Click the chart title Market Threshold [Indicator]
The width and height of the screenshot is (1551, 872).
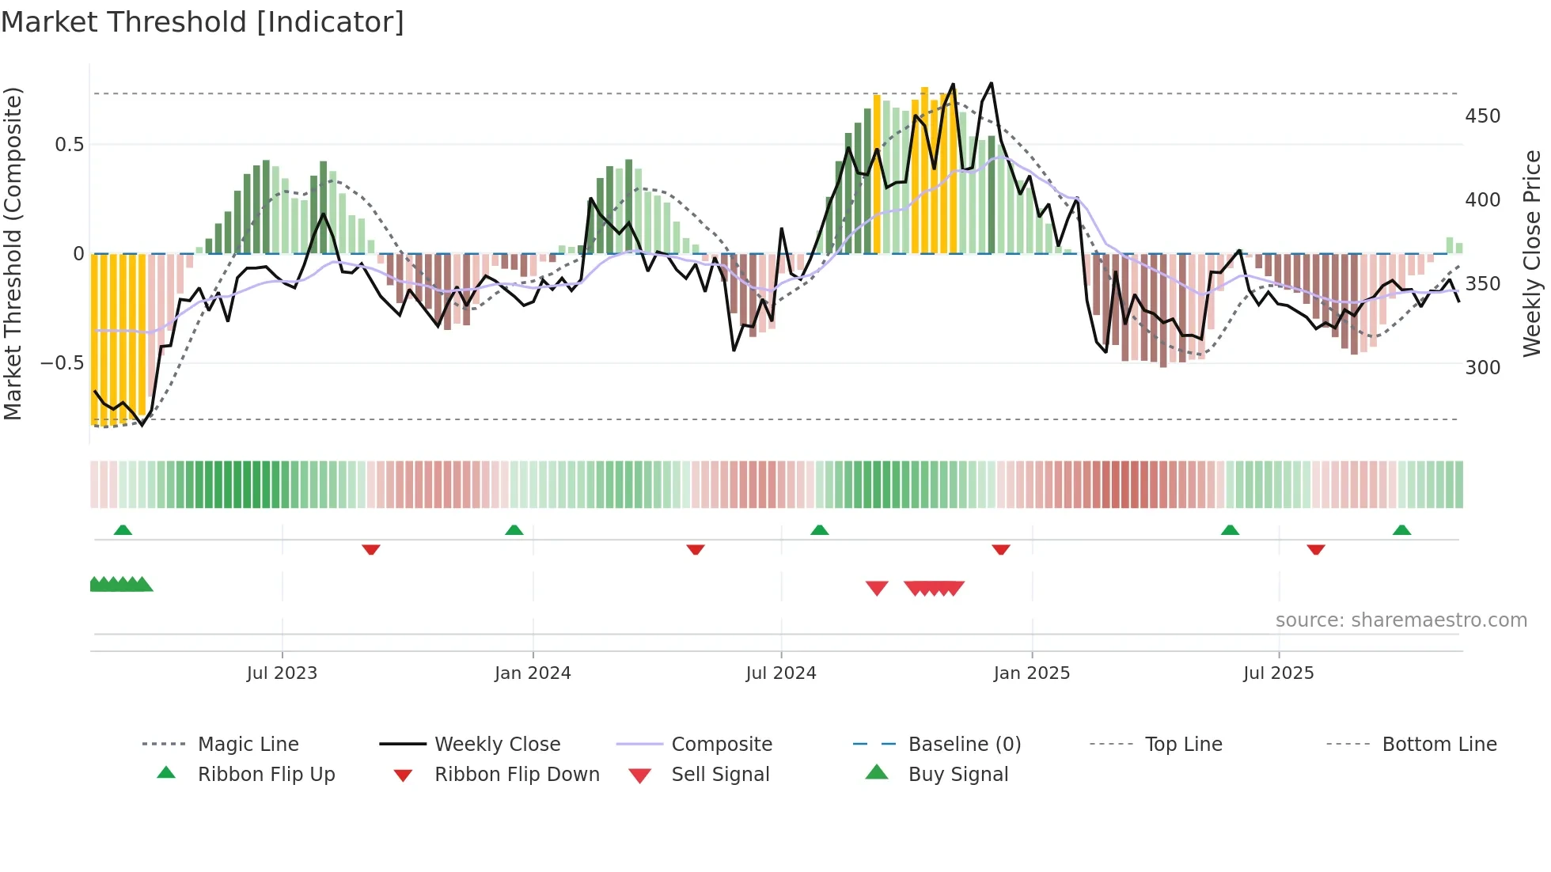coord(203,22)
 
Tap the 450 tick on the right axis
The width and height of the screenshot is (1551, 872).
coord(1482,116)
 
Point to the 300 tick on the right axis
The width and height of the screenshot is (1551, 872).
coord(1482,368)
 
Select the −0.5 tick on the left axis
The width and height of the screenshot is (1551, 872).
coord(62,364)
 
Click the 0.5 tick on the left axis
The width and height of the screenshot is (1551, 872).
coord(69,145)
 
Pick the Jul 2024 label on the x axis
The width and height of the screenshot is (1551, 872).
coord(780,673)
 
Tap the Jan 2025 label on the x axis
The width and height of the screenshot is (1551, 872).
coord(1031,673)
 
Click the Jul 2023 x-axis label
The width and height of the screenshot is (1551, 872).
coord(282,673)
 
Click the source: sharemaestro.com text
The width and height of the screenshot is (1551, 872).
coord(1401,620)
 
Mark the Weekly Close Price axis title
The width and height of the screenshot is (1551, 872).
coord(1532,253)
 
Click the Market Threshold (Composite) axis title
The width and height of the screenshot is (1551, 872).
coord(13,253)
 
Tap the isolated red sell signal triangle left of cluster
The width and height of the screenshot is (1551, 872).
coord(877,588)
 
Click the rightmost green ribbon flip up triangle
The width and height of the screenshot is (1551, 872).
coord(1401,530)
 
